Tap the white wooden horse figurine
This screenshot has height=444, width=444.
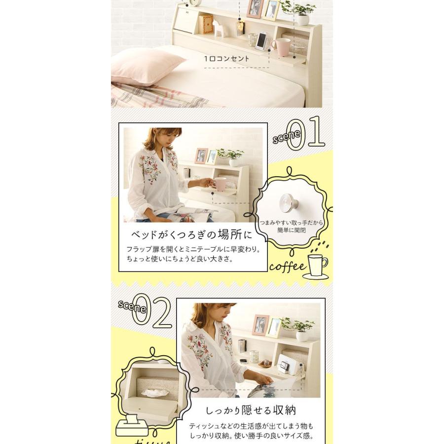tap(217, 28)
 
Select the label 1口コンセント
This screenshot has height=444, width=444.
tap(226, 59)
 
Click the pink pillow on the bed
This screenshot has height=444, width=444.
tap(147, 67)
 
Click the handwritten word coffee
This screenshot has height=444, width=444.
tap(288, 266)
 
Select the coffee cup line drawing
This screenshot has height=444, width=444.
tap(316, 266)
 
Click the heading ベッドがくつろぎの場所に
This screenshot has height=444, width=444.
tap(192, 235)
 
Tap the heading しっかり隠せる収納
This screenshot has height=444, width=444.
tap(251, 410)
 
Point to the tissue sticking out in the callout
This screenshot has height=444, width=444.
tap(152, 393)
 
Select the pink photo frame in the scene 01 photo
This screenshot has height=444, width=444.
tap(201, 156)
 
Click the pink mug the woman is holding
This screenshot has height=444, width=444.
tap(219, 184)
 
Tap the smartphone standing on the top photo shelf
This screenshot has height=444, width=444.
tap(261, 40)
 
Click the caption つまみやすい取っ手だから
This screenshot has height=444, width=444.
tap(292, 222)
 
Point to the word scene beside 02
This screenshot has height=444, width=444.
tap(132, 307)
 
